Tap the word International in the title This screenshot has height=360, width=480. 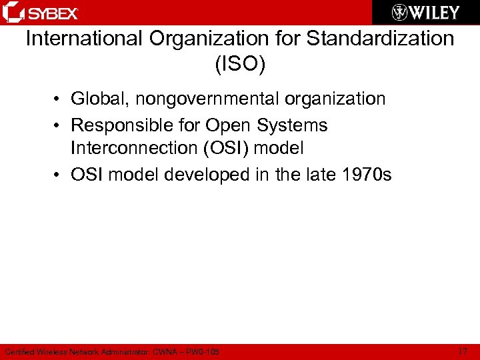point(84,39)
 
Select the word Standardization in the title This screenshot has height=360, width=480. point(380,39)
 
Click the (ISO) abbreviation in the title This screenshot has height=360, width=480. point(240,65)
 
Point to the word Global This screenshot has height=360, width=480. point(99,99)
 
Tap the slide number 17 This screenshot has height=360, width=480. point(463,351)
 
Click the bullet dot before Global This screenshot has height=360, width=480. point(59,100)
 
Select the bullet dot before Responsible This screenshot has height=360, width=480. point(59,126)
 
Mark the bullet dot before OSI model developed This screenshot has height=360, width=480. point(59,176)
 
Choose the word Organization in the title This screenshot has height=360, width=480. point(204,39)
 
